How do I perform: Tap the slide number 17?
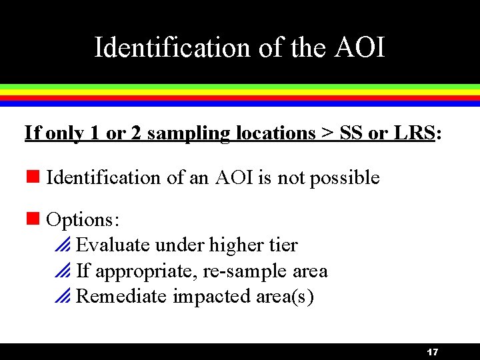(x=432, y=352)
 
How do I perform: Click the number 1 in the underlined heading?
(x=93, y=133)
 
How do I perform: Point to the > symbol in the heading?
(x=327, y=133)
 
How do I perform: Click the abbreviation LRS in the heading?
(x=413, y=133)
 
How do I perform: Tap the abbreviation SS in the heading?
(x=351, y=133)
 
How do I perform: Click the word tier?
(x=283, y=245)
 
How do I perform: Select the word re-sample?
(x=251, y=271)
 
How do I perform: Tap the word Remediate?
(x=121, y=296)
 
